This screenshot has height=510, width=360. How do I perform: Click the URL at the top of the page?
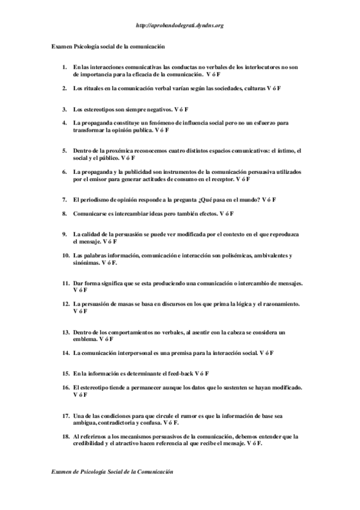(x=180, y=26)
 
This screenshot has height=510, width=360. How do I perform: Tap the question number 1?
(x=64, y=67)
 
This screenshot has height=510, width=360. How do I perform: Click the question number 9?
(x=64, y=233)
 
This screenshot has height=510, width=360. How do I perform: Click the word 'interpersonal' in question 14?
(x=140, y=352)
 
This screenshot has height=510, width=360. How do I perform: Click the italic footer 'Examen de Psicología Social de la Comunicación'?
(x=112, y=473)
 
